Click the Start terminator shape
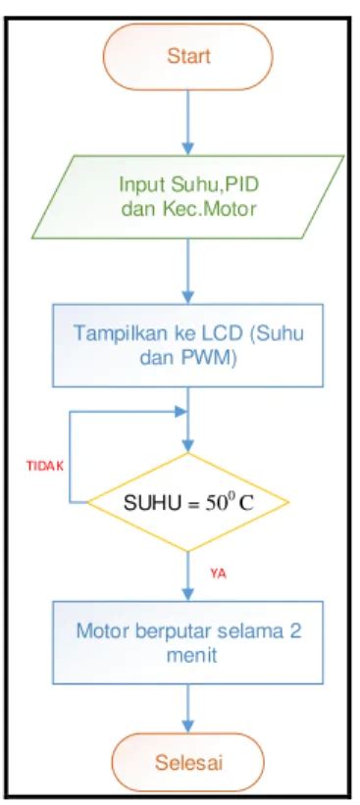coord(188,56)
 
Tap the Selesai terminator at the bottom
coord(188,761)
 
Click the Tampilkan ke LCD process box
coord(188,344)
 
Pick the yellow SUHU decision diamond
coord(188,505)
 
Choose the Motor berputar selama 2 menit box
coord(188,641)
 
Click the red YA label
coord(218,574)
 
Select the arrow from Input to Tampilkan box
coord(188,270)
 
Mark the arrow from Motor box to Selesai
coord(188,708)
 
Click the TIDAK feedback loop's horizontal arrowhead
coord(180,411)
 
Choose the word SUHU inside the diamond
coord(149,506)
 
